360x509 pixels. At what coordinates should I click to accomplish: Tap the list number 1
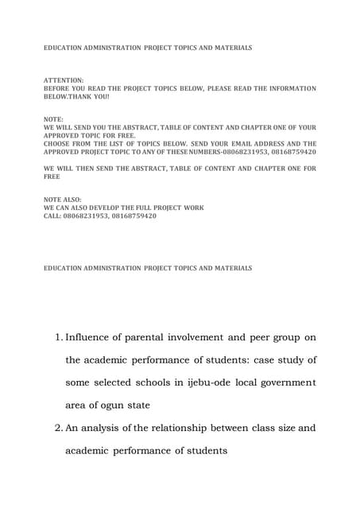(59, 338)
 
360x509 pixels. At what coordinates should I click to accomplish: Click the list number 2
(59, 428)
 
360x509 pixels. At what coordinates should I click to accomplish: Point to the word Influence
(96, 338)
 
